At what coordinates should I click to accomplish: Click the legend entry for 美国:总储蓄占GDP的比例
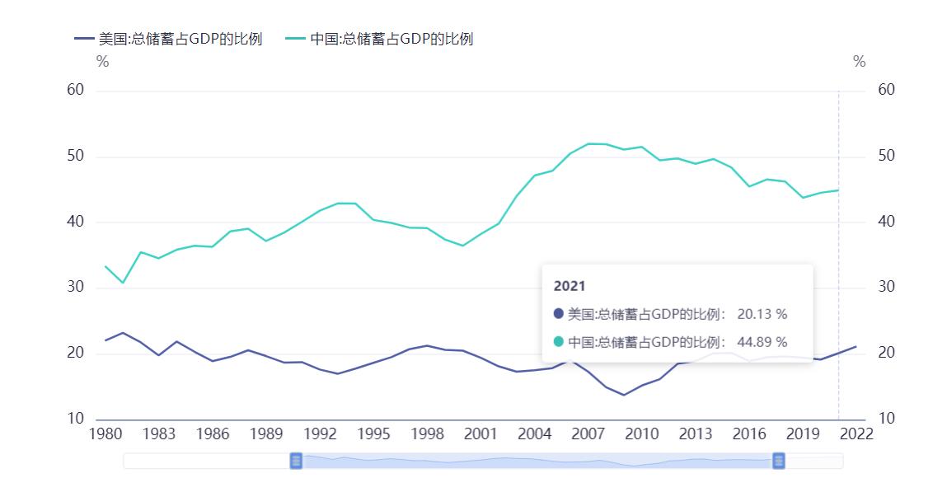168,39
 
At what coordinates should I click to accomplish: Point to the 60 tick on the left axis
76,90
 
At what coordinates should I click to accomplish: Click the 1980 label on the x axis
105,434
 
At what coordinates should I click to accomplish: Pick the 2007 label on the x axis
588,434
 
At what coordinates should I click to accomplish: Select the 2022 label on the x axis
856,434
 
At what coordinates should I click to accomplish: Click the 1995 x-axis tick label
373,434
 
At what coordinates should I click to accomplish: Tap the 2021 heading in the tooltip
570,286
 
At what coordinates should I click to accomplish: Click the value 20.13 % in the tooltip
762,314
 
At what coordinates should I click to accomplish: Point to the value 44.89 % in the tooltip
762,341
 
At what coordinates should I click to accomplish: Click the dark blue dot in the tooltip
559,314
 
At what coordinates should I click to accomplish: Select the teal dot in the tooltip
559,341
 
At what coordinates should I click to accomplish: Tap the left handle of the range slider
296,461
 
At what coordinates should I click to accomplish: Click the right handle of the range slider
778,461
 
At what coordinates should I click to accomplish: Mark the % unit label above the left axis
102,62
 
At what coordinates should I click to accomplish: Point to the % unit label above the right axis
860,62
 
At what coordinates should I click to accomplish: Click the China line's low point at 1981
123,283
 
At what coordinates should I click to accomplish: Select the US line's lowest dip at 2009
624,395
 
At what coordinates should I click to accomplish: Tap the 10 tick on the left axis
76,419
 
